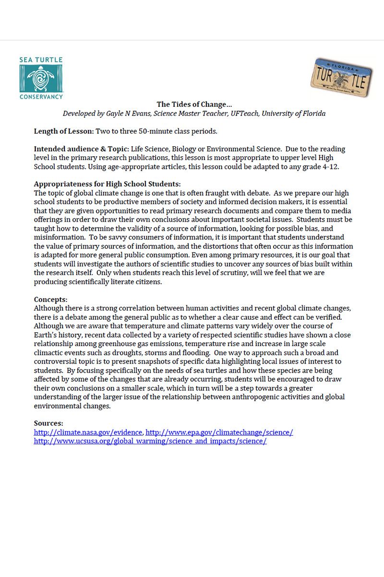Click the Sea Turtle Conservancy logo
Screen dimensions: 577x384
[x=41, y=78]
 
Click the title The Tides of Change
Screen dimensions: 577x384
[x=194, y=104]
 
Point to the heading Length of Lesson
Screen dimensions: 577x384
[x=64, y=131]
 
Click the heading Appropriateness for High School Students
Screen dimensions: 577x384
[x=107, y=184]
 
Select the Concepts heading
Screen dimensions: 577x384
[x=50, y=299]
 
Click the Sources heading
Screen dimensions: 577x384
[x=48, y=423]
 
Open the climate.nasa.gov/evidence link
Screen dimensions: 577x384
[x=88, y=432]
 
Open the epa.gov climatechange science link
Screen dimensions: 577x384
[x=219, y=432]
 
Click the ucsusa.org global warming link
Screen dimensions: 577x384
[x=150, y=441]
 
